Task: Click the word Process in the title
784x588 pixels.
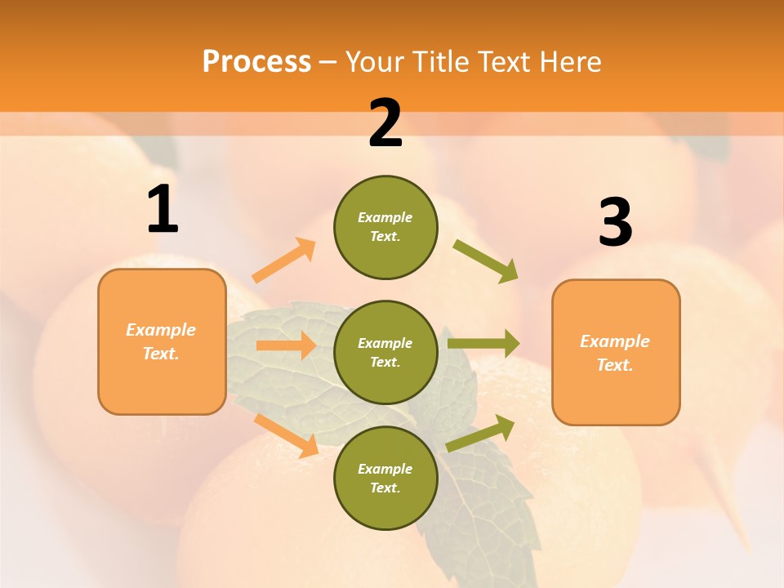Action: pos(256,62)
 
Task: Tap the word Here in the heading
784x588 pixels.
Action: pos(569,62)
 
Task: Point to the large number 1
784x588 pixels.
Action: pos(163,210)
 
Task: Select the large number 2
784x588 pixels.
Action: pos(385,123)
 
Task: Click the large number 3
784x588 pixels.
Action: pos(615,222)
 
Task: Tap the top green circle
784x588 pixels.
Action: pos(385,227)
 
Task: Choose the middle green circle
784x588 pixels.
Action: pos(385,352)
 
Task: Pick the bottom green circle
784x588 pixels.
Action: pos(385,478)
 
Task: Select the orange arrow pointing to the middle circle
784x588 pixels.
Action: pos(286,345)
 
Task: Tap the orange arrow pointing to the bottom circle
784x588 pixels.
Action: pos(287,434)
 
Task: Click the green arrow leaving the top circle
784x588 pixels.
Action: pos(486,261)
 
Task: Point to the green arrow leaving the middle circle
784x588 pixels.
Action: pos(483,343)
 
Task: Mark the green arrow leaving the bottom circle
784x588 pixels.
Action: pos(480,433)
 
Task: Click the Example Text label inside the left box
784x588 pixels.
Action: pos(161,341)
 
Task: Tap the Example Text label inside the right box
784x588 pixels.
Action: pos(615,353)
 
